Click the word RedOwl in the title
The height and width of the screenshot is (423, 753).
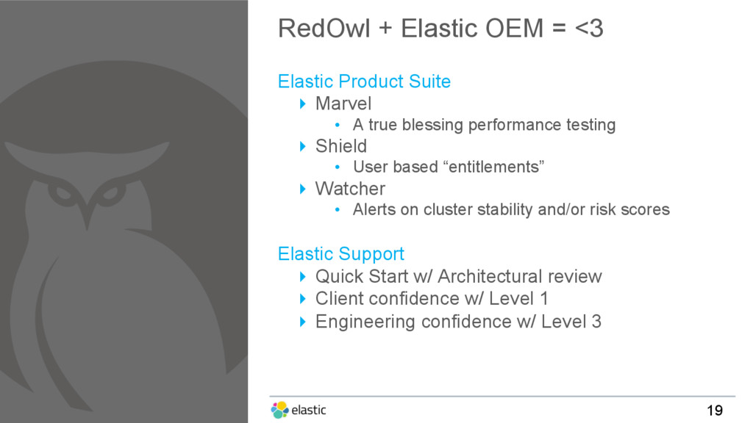[x=324, y=29]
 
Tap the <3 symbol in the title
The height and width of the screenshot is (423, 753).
[x=589, y=29]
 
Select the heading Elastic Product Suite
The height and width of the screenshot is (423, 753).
[x=364, y=82]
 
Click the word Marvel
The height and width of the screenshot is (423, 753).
[x=343, y=104]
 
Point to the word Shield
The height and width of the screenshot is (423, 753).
[x=341, y=146]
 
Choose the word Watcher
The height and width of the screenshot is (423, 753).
[x=350, y=189]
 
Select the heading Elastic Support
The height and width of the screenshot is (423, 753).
[x=341, y=253]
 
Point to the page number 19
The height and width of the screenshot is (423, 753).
[x=715, y=411]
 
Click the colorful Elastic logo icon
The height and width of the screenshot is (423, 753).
[x=279, y=410]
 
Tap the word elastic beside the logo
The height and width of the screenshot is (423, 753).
[x=309, y=410]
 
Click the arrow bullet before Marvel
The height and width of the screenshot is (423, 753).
[x=302, y=104]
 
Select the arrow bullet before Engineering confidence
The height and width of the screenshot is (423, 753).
[x=302, y=322]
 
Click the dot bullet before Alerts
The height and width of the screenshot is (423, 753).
[x=338, y=209]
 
